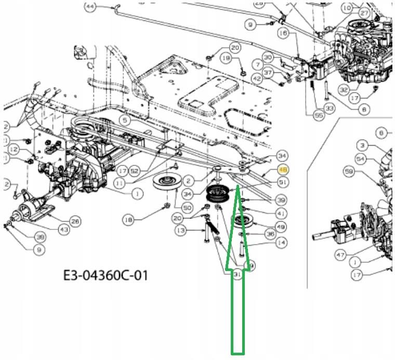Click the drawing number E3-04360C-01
(106, 275)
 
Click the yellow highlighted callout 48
(283, 170)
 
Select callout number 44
(90, 6)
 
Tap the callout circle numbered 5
(124, 120)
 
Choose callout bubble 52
(135, 170)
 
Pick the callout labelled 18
(128, 220)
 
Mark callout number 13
(181, 230)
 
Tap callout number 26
(75, 222)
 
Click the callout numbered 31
(238, 275)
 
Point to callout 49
(281, 226)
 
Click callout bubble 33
(329, 108)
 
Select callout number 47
(340, 255)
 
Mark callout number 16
(283, 33)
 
